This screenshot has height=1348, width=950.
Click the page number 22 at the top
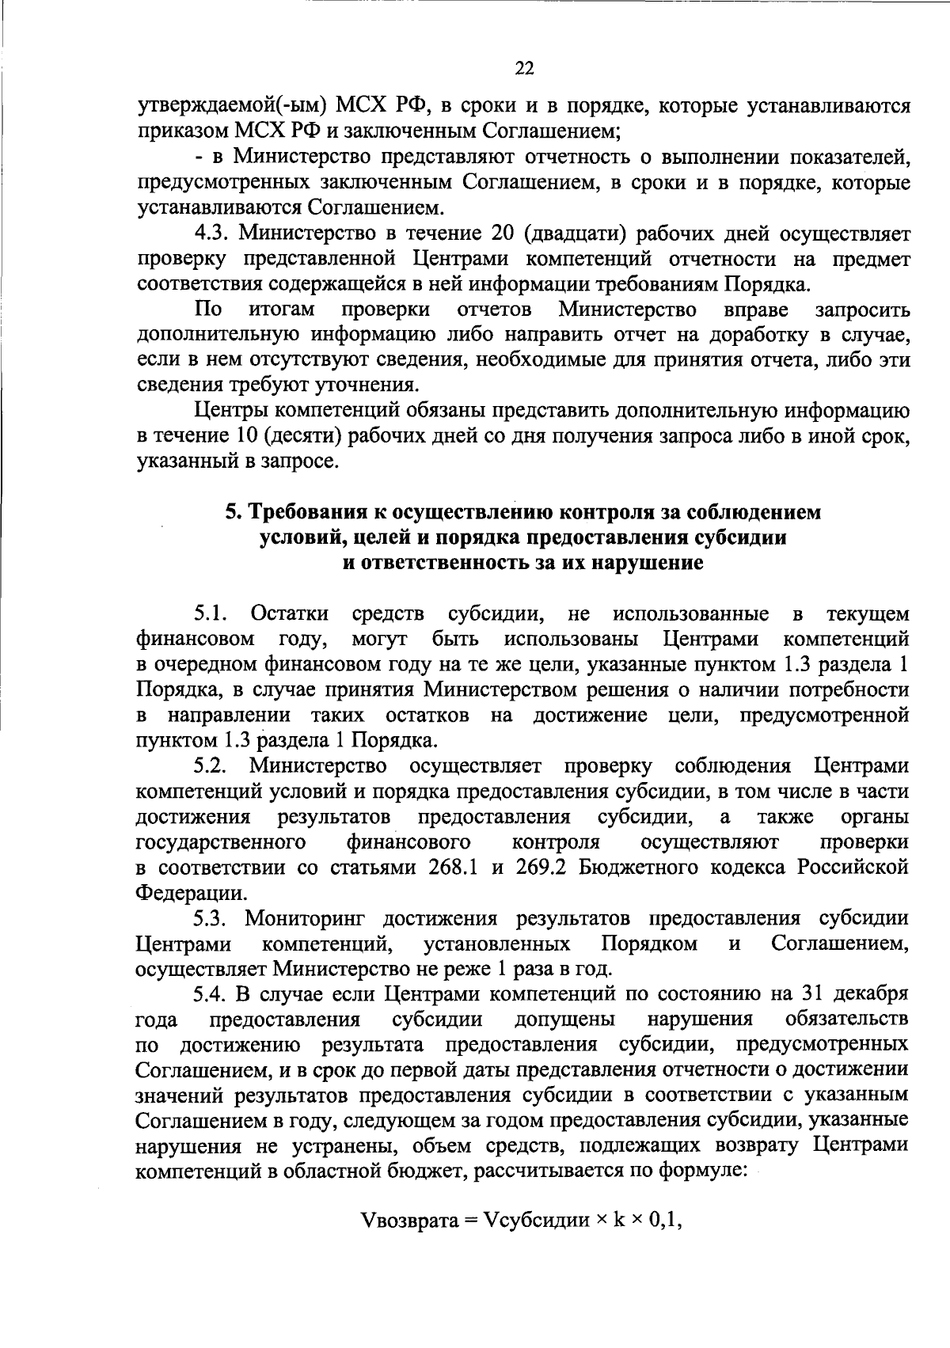(x=524, y=69)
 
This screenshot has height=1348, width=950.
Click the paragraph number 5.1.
(x=211, y=614)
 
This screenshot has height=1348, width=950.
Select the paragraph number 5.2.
(x=211, y=766)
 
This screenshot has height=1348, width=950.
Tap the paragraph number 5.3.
(x=211, y=918)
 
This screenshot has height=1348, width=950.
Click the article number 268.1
(x=453, y=868)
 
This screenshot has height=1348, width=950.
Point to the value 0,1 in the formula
(x=667, y=1243)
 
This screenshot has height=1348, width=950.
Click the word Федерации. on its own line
(x=191, y=893)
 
